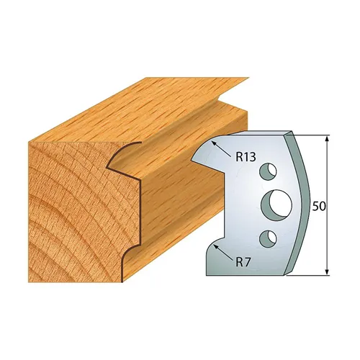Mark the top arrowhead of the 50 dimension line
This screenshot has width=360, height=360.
point(328,139)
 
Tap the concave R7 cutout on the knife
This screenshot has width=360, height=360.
point(216,252)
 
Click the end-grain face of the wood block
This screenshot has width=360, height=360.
point(65,209)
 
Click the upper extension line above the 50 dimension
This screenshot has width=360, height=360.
point(310,134)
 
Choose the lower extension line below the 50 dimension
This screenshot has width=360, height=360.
point(310,274)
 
